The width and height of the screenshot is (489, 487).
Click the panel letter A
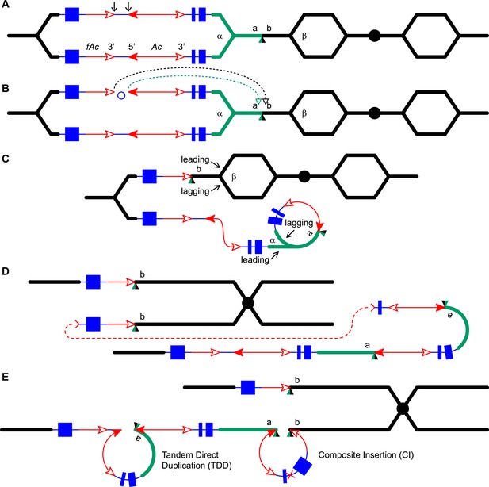pyautogui.click(x=5, y=5)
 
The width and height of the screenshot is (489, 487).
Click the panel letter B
pyautogui.click(x=5, y=88)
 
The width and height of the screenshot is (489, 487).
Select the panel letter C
pyautogui.click(x=5, y=159)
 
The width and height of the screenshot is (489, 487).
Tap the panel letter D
pyautogui.click(x=5, y=271)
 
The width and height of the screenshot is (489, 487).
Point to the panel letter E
pyautogui.click(x=5, y=377)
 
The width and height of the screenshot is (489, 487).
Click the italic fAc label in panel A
pyautogui.click(x=93, y=47)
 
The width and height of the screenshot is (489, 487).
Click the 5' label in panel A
pyautogui.click(x=132, y=47)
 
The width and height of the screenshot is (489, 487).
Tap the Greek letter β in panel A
pyautogui.click(x=304, y=36)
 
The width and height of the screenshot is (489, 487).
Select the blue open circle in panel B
pyautogui.click(x=121, y=95)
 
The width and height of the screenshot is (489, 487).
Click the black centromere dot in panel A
pyautogui.click(x=374, y=36)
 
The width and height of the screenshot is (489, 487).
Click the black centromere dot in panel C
pyautogui.click(x=304, y=176)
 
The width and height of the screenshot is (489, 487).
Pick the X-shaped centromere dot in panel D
pyautogui.click(x=248, y=303)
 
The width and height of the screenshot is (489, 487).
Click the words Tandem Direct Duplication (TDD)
pyautogui.click(x=197, y=460)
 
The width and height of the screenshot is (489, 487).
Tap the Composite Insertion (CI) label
pyautogui.click(x=366, y=454)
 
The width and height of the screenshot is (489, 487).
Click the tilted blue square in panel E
pyautogui.click(x=303, y=466)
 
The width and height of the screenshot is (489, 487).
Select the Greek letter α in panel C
pyautogui.click(x=273, y=240)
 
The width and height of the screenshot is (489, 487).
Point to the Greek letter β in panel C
pyautogui.click(x=234, y=177)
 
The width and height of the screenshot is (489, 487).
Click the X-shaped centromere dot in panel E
pyautogui.click(x=403, y=408)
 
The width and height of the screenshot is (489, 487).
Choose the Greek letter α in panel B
pyautogui.click(x=220, y=114)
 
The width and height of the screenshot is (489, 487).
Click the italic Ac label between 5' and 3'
pyautogui.click(x=157, y=47)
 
